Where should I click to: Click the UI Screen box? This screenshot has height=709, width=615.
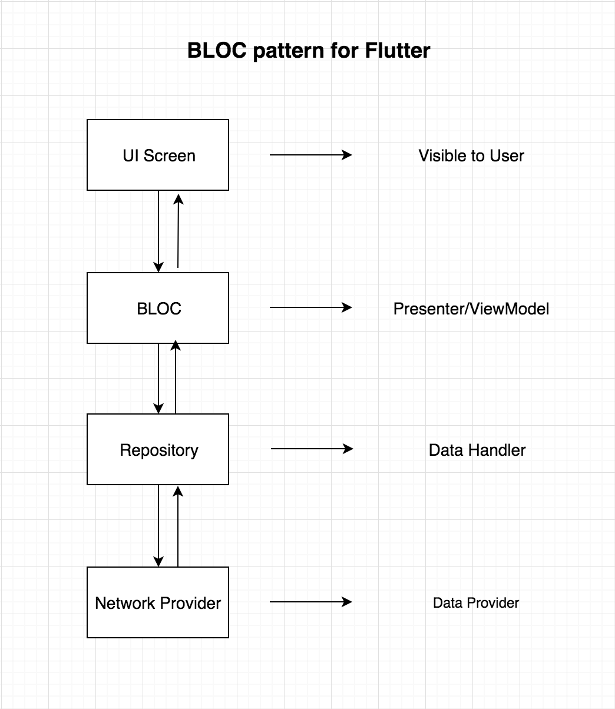tap(158, 155)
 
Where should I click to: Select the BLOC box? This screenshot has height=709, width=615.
tap(158, 308)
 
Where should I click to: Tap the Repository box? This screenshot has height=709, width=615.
tap(158, 449)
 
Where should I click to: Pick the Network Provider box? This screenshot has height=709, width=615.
tap(158, 602)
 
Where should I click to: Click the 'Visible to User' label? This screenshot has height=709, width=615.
tap(471, 155)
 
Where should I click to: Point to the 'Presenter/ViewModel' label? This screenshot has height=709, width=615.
tap(471, 309)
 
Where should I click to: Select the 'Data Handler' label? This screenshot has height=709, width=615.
tap(477, 450)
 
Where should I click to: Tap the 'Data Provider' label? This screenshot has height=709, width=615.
tap(476, 603)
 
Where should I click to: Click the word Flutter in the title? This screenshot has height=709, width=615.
tap(398, 51)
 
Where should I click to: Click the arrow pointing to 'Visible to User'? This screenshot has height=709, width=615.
tap(310, 155)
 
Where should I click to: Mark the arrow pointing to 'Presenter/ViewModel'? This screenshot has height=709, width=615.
tap(310, 307)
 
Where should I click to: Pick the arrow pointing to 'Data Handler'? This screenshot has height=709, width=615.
tap(312, 449)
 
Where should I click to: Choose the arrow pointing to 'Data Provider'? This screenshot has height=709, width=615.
tap(310, 602)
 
